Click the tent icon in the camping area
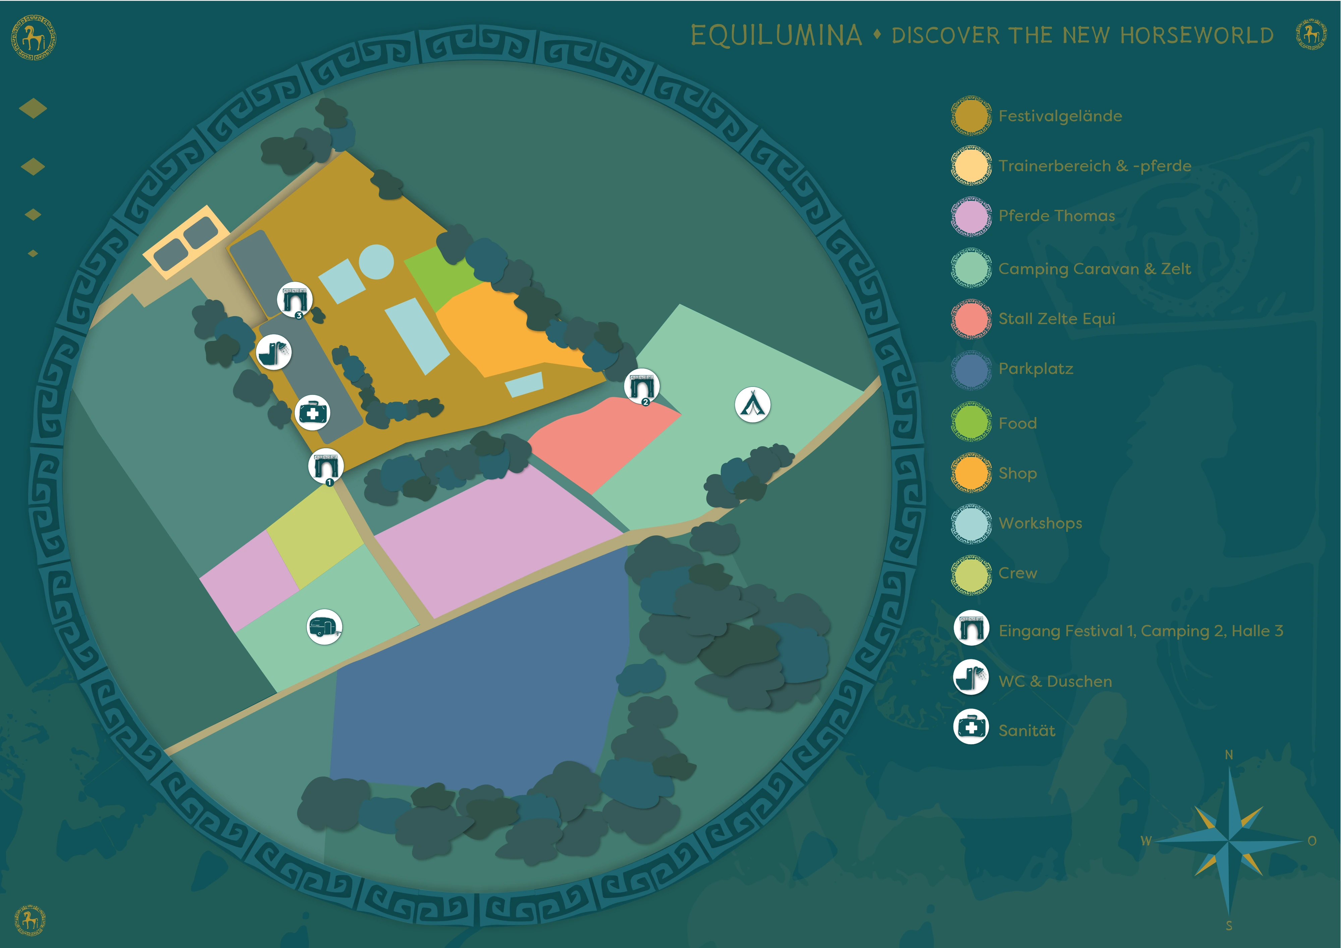[752, 404]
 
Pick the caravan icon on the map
[324, 627]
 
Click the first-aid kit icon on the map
[312, 413]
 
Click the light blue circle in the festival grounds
[375, 262]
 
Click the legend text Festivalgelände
[1060, 116]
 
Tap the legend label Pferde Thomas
[1057, 216]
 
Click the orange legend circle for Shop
[971, 473]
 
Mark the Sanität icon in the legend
[971, 727]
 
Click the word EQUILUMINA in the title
[776, 35]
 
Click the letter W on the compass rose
[1146, 840]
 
